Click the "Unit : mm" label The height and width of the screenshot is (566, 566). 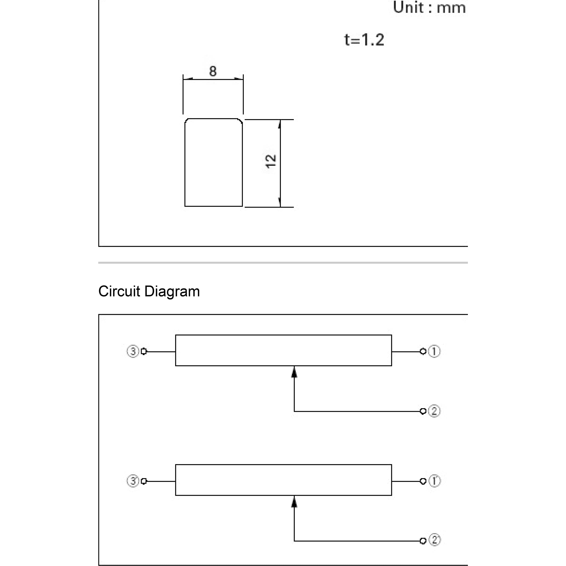point(429,8)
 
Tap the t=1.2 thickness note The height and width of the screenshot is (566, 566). point(364,40)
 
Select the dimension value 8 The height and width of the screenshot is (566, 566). point(213,71)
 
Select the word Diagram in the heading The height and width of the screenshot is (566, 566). point(172,292)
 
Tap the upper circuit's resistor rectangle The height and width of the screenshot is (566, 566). point(283,335)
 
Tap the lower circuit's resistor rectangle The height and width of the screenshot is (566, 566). point(283,465)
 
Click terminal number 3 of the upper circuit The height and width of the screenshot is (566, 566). point(133,351)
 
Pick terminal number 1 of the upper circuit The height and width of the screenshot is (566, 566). point(434,351)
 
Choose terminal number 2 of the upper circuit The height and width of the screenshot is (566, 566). point(434,411)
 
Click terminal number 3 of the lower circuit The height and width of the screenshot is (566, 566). point(133,481)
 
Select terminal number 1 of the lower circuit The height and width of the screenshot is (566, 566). point(434,481)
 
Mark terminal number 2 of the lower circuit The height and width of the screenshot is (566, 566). point(434,540)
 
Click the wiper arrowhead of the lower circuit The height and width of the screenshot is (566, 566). point(294,502)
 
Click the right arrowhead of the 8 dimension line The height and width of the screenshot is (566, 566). point(238,79)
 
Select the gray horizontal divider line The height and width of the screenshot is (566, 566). point(283,263)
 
